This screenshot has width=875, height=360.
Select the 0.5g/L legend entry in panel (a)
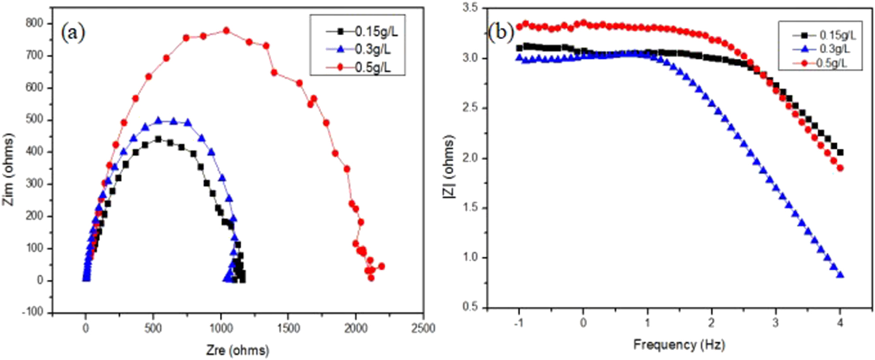373,67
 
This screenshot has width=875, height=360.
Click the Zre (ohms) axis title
237,350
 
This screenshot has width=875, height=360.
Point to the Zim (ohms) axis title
8,169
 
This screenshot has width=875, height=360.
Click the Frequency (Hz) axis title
679,345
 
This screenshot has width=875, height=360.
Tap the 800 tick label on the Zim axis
35,23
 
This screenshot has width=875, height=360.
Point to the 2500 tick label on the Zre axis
423,329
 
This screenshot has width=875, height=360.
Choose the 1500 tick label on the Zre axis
288,329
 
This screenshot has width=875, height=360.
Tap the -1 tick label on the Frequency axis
518,323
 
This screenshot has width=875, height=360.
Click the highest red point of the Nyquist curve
226,30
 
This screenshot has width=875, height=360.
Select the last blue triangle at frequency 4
840,275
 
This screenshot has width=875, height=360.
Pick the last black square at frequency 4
840,153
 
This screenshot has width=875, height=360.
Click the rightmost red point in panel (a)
382,266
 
